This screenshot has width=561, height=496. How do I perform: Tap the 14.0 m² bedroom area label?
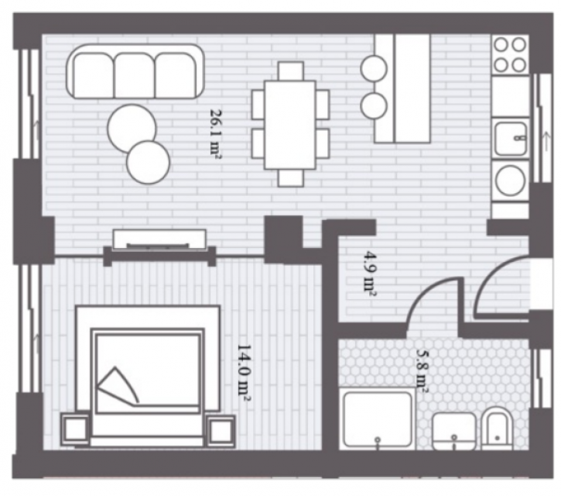[244, 373]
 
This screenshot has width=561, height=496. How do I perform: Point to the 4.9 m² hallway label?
[370, 274]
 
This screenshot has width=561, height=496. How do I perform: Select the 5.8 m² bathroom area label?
[422, 370]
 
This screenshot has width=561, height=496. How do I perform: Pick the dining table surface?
[290, 125]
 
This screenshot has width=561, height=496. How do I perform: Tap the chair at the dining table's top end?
[291, 71]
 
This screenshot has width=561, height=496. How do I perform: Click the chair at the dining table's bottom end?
[291, 177]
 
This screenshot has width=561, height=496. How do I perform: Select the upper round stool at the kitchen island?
[374, 68]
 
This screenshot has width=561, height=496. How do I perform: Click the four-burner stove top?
[510, 55]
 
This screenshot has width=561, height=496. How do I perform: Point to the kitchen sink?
[511, 138]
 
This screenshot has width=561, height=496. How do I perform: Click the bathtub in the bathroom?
[378, 418]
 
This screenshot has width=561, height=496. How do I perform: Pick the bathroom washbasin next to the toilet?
[454, 431]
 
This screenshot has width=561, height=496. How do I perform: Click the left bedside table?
[75, 429]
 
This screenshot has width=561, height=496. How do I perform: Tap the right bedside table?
[221, 431]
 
